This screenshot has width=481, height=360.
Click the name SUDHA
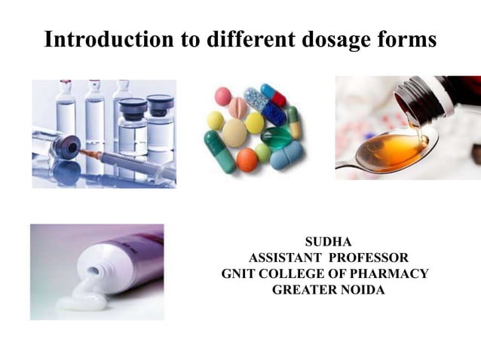pos(324,242)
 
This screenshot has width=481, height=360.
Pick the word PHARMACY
pos(393,273)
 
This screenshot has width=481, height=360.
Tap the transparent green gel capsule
pos(276,137)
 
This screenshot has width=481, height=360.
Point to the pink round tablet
pos(222,96)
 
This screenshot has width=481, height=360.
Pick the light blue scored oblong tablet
pos(286,154)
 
